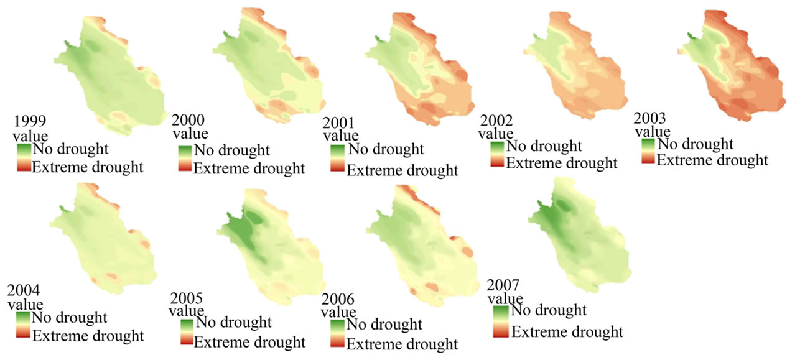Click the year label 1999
[30, 121]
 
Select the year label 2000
[188, 120]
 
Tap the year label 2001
[338, 123]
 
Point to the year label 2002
[496, 121]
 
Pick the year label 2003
[649, 118]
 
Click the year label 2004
[24, 290]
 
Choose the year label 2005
[187, 298]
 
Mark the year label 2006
[338, 299]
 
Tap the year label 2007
[503, 285]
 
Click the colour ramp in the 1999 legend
[24, 157]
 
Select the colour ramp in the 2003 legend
[648, 151]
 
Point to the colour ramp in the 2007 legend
[501, 321]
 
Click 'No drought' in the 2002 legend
[544, 146]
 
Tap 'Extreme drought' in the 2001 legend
[402, 170]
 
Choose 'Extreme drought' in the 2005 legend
[249, 342]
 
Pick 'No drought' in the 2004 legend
[69, 317]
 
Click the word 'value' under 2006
[339, 312]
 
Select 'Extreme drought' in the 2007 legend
[567, 331]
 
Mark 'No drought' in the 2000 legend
[232, 150]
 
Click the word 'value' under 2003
[653, 131]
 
